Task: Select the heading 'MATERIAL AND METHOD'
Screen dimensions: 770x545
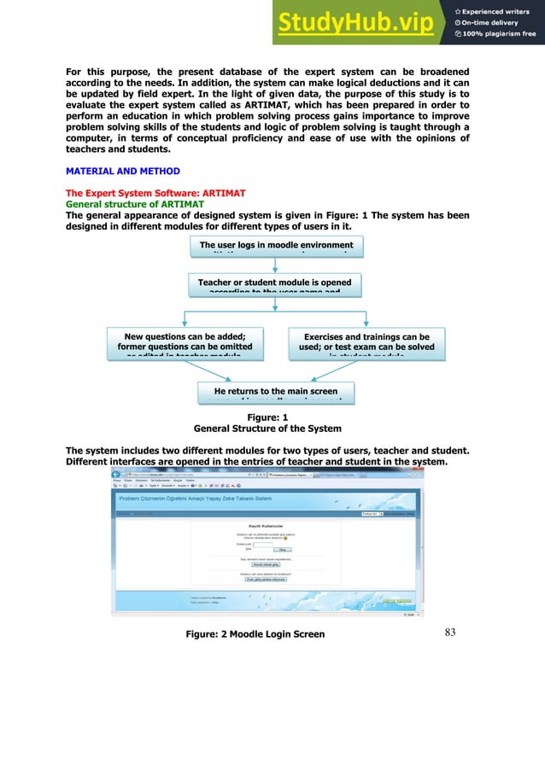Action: point(123,172)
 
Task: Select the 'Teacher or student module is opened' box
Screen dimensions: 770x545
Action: point(274,283)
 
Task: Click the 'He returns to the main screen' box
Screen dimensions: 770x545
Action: point(274,391)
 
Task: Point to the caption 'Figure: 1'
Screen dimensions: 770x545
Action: point(267,417)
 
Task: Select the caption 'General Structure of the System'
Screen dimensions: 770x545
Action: point(267,429)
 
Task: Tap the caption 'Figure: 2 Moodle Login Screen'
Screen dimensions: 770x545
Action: point(255,634)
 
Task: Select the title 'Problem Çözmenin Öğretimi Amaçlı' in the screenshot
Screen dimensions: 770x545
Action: point(188,496)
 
